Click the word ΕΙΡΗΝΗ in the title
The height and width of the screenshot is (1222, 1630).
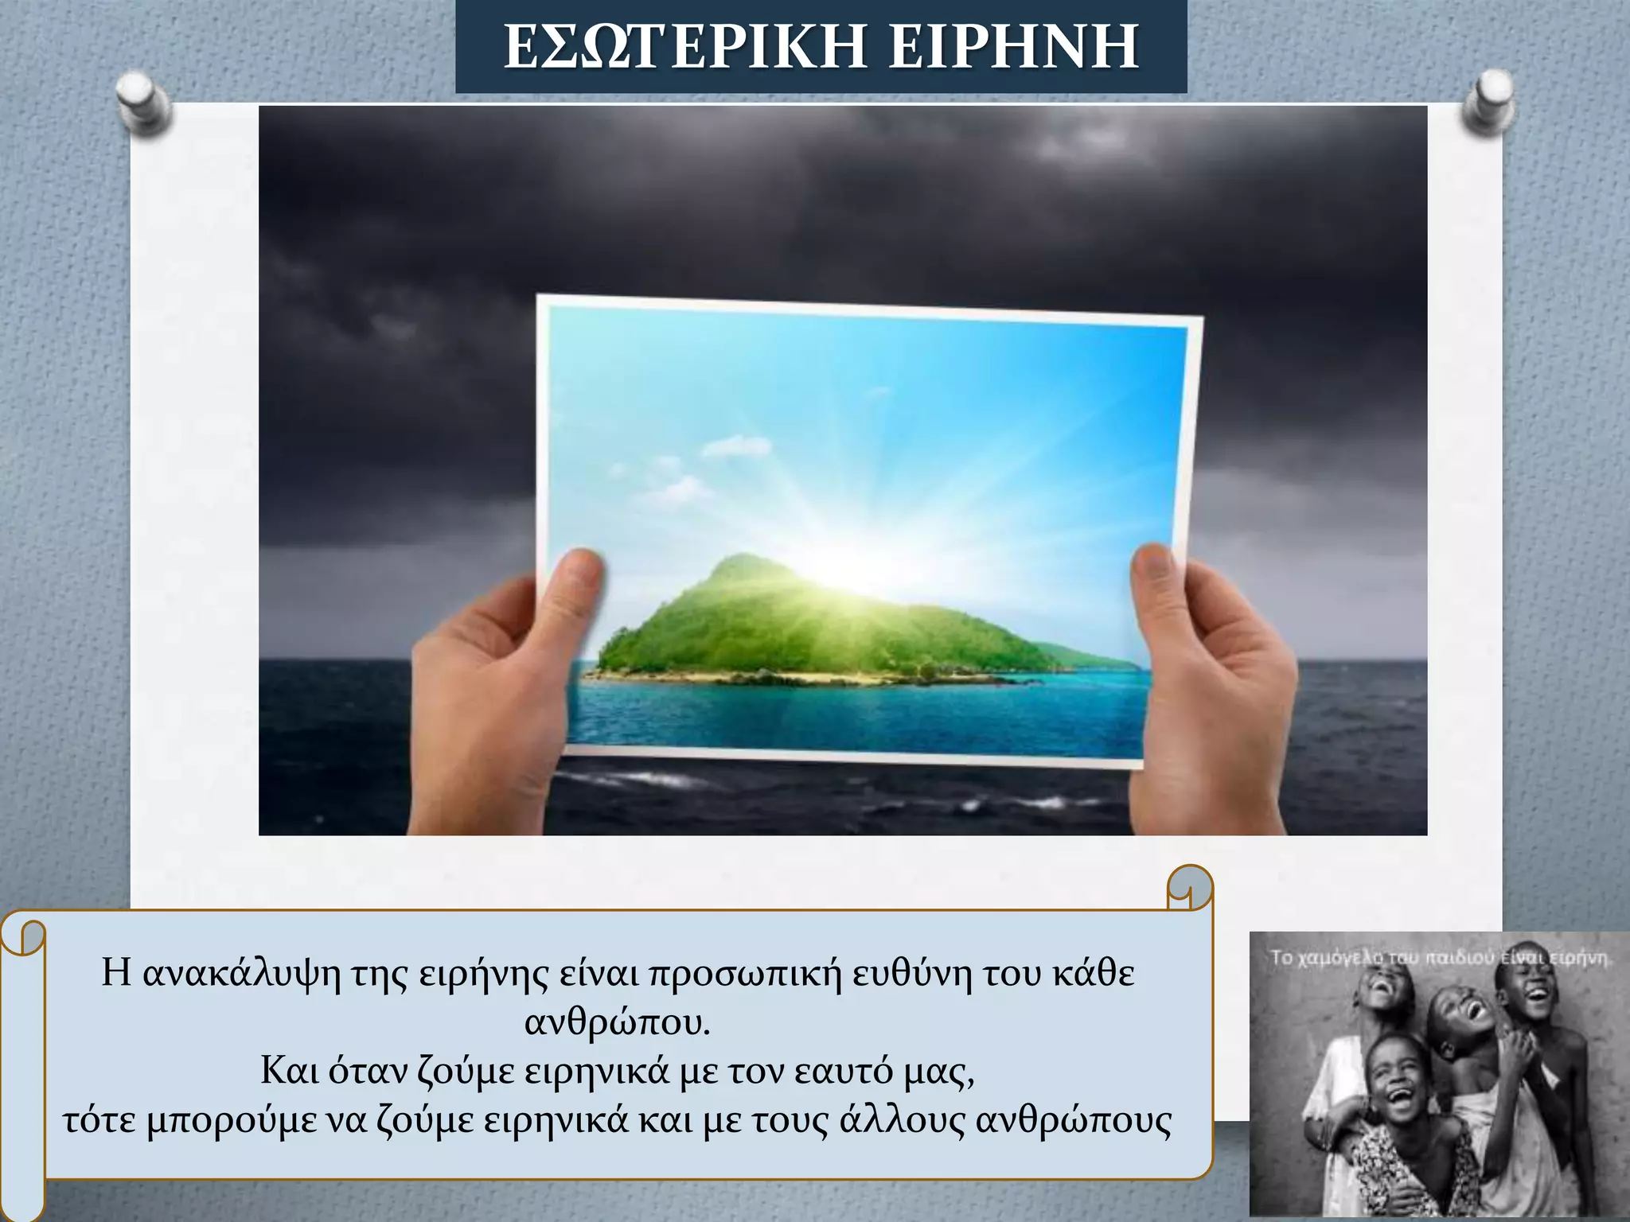click(x=1013, y=48)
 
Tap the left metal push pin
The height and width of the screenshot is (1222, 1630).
click(x=143, y=103)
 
